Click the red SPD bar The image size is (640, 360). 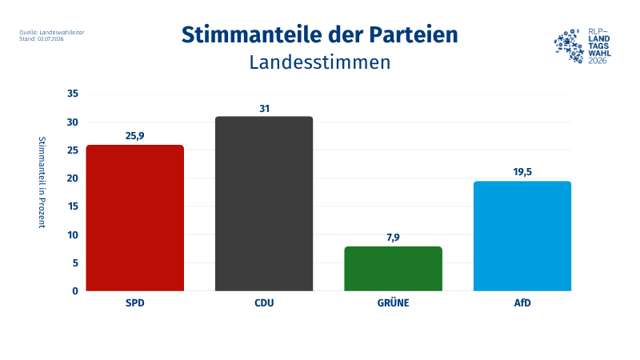(x=134, y=218)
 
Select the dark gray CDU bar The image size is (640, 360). (x=264, y=204)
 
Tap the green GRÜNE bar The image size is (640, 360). (x=393, y=269)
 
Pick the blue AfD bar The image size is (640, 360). (x=522, y=236)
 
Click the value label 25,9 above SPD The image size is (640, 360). (x=134, y=136)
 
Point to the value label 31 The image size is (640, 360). (x=264, y=108)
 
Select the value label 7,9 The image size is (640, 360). (x=393, y=238)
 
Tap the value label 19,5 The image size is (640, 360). (x=522, y=172)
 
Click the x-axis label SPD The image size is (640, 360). (x=134, y=305)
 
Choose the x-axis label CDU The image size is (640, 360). (x=264, y=305)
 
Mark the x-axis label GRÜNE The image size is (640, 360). (x=393, y=305)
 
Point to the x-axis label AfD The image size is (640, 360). (x=522, y=305)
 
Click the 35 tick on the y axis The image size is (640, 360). (x=72, y=94)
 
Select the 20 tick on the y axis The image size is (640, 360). (x=72, y=178)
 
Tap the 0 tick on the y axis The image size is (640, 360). (x=75, y=291)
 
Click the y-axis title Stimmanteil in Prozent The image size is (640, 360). (x=42, y=182)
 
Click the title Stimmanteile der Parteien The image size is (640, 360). (x=320, y=35)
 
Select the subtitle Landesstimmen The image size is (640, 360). (x=320, y=62)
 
